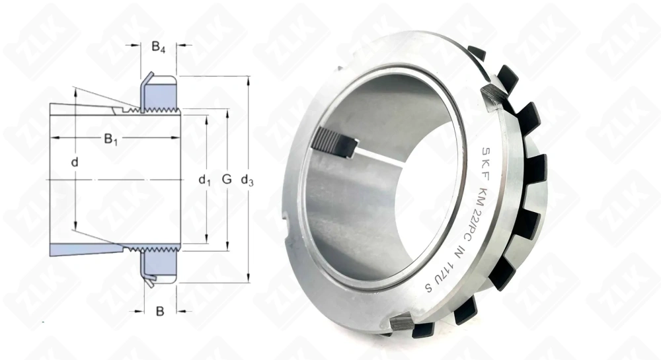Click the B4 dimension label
coord(159,47)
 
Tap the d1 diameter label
coord(205,179)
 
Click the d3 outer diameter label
coord(248,179)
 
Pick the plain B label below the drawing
coord(159,311)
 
